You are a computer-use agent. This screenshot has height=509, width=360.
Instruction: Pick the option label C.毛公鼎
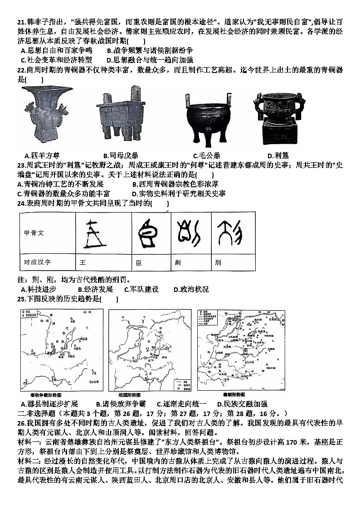tap(206, 156)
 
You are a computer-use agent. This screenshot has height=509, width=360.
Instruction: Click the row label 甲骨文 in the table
tap(34, 233)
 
